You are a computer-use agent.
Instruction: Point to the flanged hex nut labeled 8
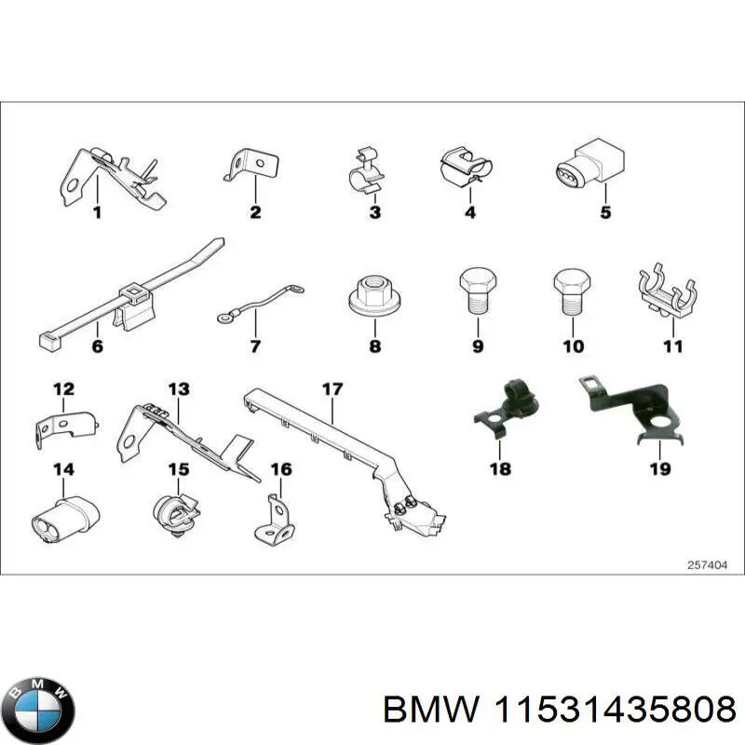[375, 297]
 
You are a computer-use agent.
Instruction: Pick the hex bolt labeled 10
[571, 291]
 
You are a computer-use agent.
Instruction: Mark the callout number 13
[178, 388]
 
